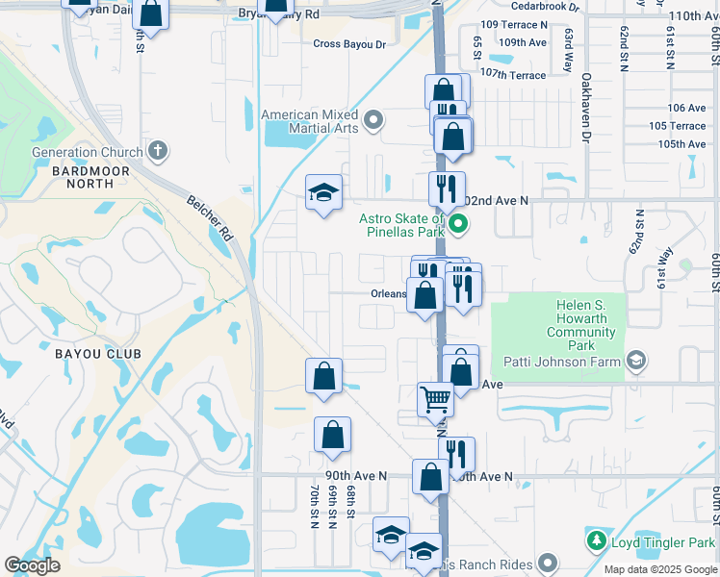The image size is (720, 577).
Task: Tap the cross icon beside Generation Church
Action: pos(159,151)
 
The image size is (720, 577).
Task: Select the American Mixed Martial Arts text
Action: pos(310,121)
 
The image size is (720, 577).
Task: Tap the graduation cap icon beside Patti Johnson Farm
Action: pos(635,361)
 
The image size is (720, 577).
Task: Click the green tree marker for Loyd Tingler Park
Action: pos(597,540)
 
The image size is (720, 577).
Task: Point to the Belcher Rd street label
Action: pos(208,217)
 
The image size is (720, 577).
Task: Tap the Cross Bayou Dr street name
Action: pos(349,44)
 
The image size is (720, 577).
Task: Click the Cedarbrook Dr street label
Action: pos(545,6)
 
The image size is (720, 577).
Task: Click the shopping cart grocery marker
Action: pos(435,398)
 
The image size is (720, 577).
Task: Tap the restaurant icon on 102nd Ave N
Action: pos(447,188)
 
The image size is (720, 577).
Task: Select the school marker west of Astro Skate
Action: pos(324,192)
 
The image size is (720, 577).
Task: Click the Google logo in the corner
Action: pos(32,565)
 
